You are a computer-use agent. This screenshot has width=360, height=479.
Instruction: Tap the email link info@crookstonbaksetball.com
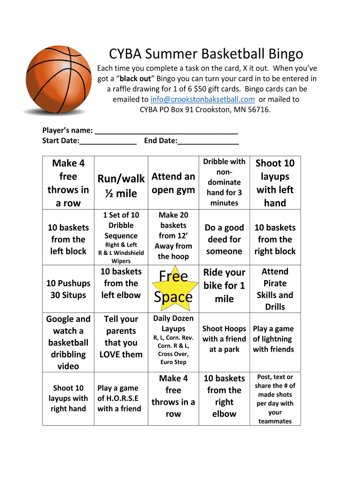[x=202, y=99]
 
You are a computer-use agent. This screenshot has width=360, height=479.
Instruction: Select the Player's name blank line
[x=166, y=131]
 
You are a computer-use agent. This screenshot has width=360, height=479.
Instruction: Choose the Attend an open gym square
[x=173, y=183]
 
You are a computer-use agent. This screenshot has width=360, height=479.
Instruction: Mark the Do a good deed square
[x=224, y=239]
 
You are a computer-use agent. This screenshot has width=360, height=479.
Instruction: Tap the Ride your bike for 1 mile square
[x=224, y=285]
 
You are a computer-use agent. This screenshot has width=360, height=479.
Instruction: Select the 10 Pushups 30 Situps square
[x=68, y=289]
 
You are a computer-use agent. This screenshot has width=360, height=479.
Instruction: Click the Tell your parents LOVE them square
[x=121, y=336]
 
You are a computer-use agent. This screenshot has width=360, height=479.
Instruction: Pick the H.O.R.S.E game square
[x=119, y=398]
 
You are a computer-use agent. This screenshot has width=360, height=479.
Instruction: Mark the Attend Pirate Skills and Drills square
[x=275, y=289]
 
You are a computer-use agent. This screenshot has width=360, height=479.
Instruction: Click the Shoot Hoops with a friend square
[x=224, y=339]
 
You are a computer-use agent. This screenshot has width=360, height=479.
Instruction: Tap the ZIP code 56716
[x=258, y=109]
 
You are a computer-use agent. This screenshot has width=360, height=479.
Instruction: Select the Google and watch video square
[x=68, y=342]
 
